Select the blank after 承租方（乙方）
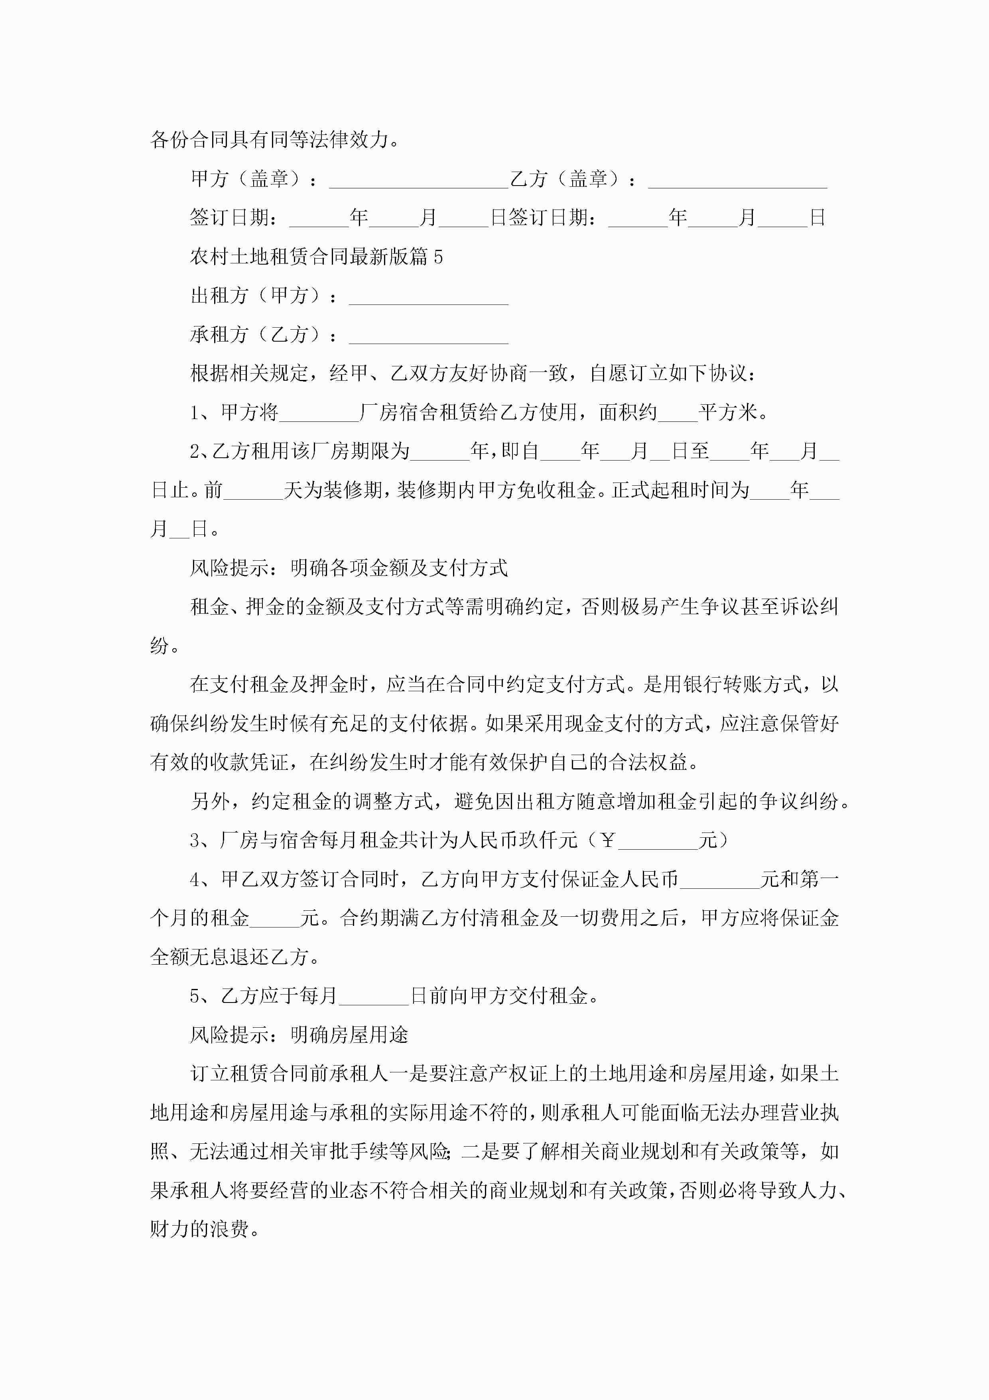(428, 337)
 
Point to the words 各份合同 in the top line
(189, 140)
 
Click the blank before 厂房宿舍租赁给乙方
(319, 415)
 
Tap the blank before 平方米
(678, 415)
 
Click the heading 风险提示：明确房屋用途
(299, 1035)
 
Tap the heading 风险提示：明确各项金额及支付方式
(349, 568)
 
